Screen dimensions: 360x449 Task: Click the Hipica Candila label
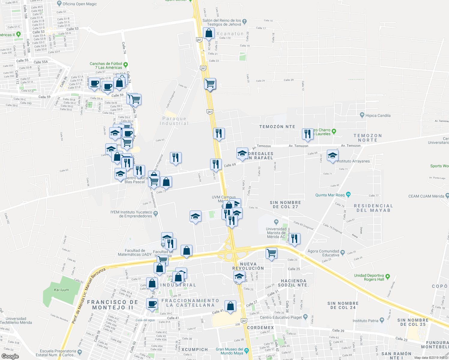[378, 115]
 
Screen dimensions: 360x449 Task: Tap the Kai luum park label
[61, 290]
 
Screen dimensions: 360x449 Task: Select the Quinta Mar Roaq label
[330, 195]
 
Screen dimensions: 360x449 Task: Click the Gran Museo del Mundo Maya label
[230, 351]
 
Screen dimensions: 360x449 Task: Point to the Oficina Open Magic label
[80, 4]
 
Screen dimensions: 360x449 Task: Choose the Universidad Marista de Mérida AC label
[276, 233]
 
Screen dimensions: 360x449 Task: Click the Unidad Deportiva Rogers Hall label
[369, 277]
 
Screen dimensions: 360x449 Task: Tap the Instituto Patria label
[365, 321]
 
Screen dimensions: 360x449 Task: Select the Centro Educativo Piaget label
[281, 317]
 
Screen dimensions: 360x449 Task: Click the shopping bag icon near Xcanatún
[209, 33]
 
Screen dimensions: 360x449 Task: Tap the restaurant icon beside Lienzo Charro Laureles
[308, 134]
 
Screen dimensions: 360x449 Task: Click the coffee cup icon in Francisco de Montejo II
[152, 304]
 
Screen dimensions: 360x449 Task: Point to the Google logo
[10, 356]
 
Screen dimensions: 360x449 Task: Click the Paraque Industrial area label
[174, 121]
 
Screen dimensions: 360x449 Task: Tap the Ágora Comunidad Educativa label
[323, 253]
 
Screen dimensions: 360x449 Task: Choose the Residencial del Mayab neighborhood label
[373, 208]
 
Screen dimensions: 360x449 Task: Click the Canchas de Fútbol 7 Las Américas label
[106, 65]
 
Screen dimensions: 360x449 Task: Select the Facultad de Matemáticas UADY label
[138, 252]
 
